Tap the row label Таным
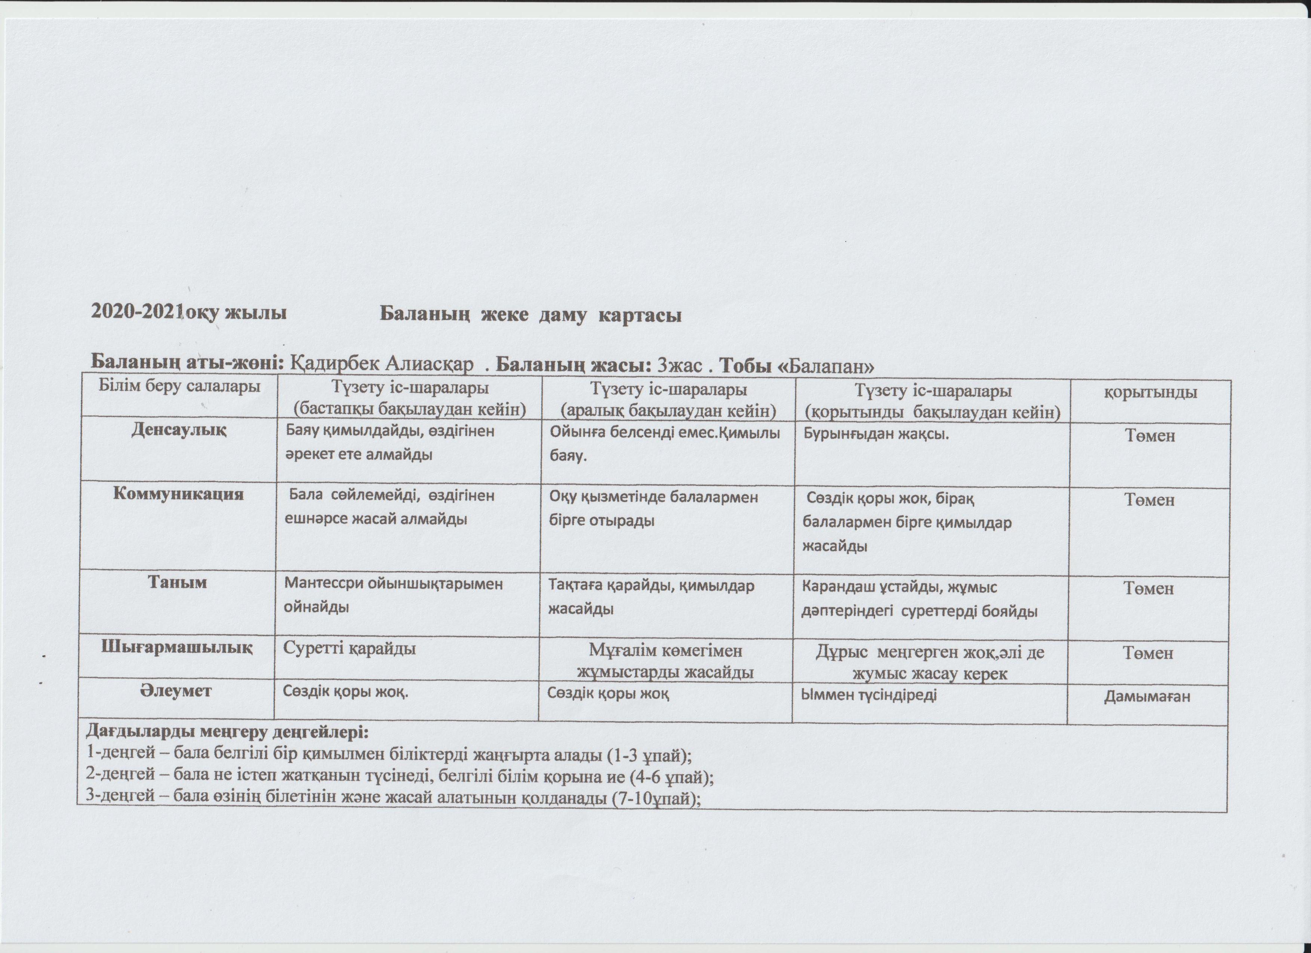(x=178, y=583)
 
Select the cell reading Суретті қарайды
(x=350, y=648)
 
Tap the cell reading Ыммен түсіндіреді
(x=868, y=695)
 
